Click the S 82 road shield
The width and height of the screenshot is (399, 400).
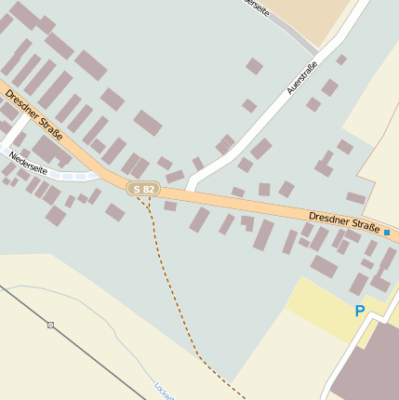(x=142, y=190)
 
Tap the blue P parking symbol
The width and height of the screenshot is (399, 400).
(x=359, y=312)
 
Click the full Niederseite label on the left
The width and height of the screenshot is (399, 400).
(x=27, y=163)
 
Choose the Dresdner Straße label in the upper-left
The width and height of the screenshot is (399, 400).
(x=33, y=114)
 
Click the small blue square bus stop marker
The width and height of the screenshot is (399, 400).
(x=387, y=232)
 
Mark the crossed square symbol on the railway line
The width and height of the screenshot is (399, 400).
(x=50, y=326)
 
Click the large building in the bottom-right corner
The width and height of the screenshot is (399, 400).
(x=367, y=367)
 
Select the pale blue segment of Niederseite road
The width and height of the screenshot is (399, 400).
(x=74, y=175)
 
